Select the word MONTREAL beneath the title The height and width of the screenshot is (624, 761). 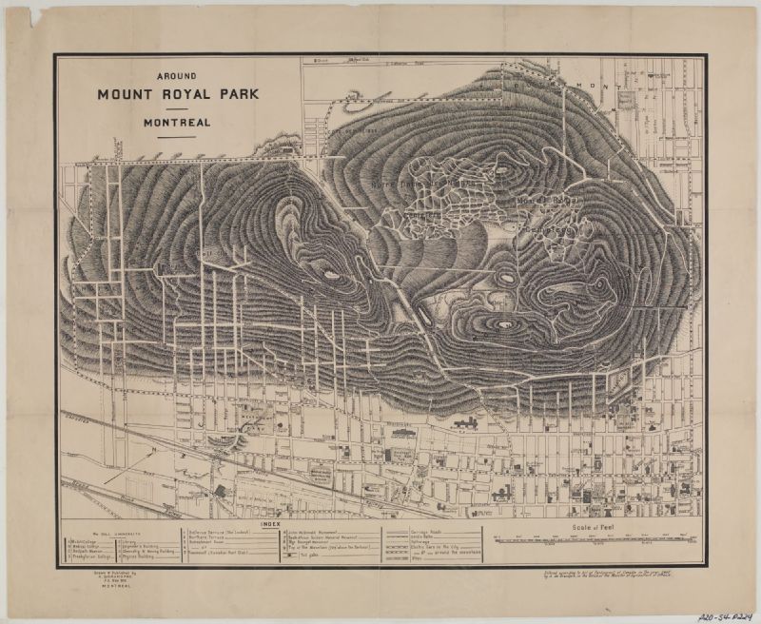click(177, 122)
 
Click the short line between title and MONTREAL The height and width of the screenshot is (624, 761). click(177, 108)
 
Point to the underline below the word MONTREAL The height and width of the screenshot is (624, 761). click(177, 136)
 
